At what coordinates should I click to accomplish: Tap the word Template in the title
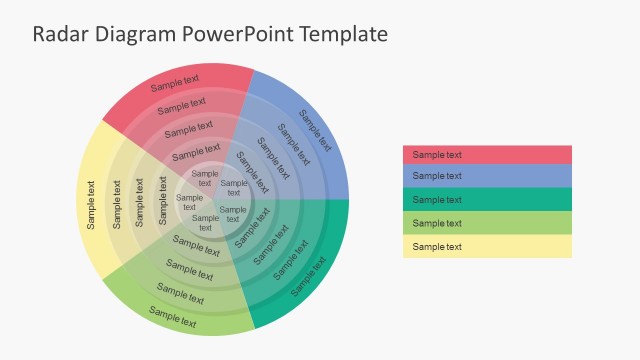point(340,34)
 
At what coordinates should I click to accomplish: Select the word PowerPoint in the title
point(237,34)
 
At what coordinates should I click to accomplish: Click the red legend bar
point(487,154)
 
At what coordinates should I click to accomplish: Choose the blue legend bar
point(487,176)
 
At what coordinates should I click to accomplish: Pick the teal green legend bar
point(487,199)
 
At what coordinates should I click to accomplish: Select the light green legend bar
point(487,223)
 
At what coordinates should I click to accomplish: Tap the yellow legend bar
point(487,246)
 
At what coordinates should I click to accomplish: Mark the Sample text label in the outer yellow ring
point(91,205)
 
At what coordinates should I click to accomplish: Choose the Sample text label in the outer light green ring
point(172,316)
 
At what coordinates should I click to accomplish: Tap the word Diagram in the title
point(136,34)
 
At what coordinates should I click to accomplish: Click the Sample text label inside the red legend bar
point(437,154)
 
